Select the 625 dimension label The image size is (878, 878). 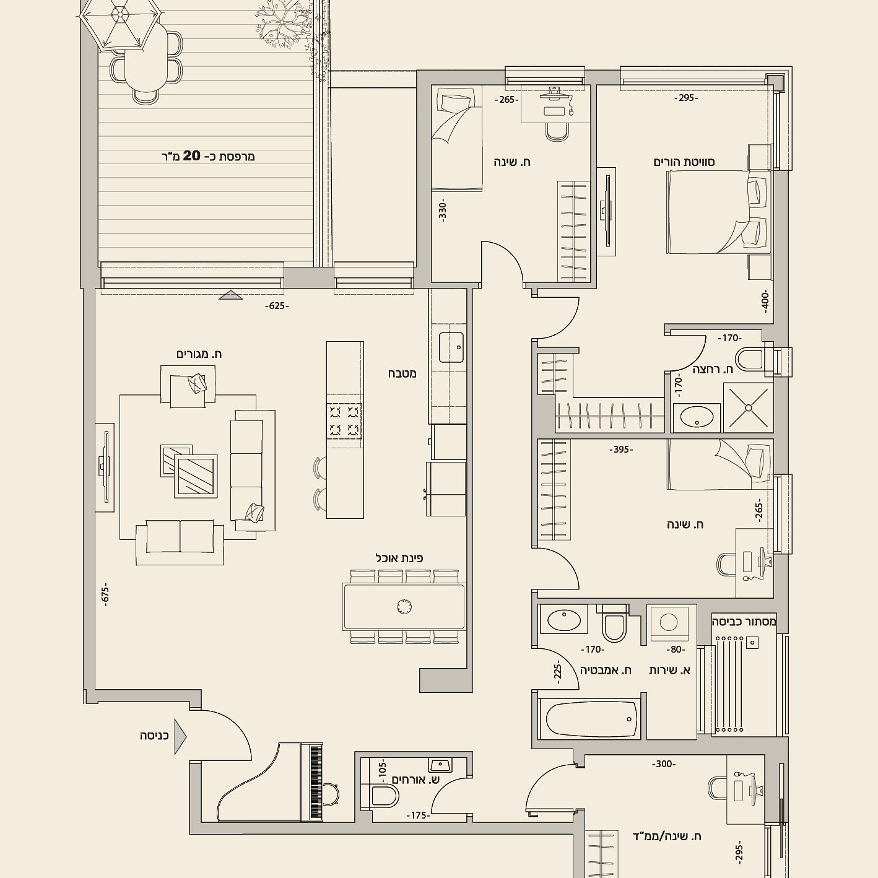277,306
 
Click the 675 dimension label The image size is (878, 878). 105,594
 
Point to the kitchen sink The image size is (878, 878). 451,347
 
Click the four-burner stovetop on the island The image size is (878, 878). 344,421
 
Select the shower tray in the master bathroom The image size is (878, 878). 748,408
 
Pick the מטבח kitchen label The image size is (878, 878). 402,373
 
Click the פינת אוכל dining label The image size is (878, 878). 399,558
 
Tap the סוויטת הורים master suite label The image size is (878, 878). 684,162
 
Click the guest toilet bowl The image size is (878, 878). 384,797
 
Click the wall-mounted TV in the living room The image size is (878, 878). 105,467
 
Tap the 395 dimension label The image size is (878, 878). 622,450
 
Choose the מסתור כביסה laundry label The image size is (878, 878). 744,622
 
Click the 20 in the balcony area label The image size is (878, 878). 191,156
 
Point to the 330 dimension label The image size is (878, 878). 443,210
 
